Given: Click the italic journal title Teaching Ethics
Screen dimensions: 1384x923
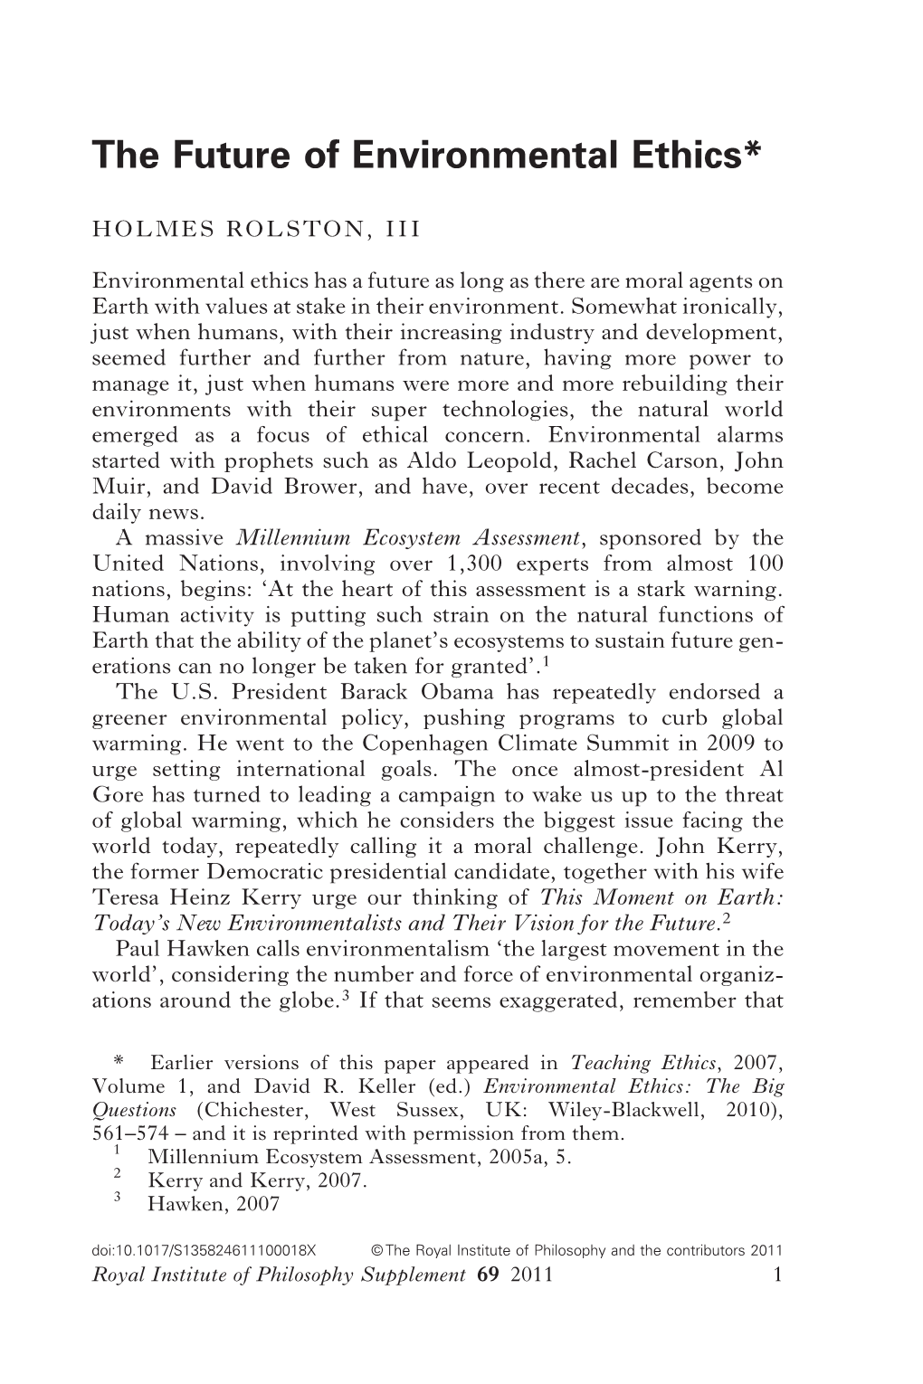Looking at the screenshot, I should (624, 1063).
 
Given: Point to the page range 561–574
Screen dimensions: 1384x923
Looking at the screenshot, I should (129, 1133).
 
